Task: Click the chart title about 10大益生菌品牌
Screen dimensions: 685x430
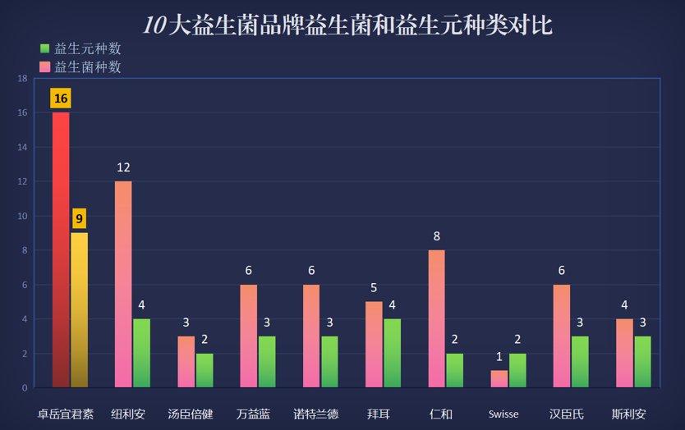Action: click(347, 25)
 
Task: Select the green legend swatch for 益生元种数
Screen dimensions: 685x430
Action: click(44, 48)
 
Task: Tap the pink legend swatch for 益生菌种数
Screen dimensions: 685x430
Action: click(44, 66)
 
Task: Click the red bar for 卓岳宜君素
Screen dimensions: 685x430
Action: click(61, 249)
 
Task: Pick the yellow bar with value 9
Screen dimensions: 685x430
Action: click(79, 310)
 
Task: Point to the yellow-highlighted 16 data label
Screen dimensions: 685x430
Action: click(61, 98)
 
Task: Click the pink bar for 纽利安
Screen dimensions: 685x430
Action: click(123, 284)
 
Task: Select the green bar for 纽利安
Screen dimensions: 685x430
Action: click(141, 353)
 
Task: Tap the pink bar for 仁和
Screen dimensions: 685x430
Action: click(436, 318)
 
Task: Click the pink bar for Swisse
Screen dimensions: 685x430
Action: click(499, 379)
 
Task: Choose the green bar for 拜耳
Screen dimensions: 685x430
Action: click(393, 353)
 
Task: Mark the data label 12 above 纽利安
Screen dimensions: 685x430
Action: click(123, 167)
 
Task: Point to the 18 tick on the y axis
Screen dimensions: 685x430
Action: click(22, 79)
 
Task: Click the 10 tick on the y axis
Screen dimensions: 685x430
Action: click(22, 216)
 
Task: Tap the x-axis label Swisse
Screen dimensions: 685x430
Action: click(503, 414)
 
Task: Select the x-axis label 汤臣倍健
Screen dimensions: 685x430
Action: click(191, 414)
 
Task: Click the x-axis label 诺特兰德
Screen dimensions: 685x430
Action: click(316, 414)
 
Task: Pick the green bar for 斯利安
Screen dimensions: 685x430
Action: click(642, 362)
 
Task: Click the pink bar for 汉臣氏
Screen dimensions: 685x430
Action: click(561, 336)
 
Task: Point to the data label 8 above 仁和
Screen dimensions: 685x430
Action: click(436, 236)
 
